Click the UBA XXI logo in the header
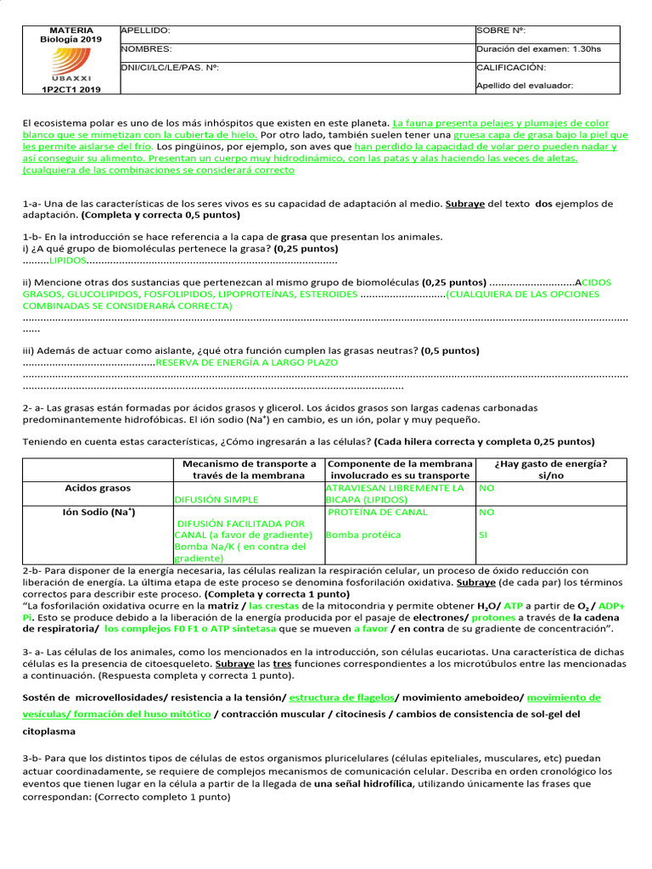(70, 63)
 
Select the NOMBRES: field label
(147, 49)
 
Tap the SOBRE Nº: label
(501, 31)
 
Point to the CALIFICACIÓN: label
(511, 67)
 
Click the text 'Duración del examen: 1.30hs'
(538, 49)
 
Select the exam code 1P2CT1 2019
(71, 89)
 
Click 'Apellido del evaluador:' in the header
(525, 85)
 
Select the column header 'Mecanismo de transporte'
(250, 464)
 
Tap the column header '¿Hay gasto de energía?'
(551, 464)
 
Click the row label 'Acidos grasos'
(98, 489)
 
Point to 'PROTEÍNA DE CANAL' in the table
(377, 513)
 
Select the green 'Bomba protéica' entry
(363, 535)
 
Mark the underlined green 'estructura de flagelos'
(341, 698)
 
